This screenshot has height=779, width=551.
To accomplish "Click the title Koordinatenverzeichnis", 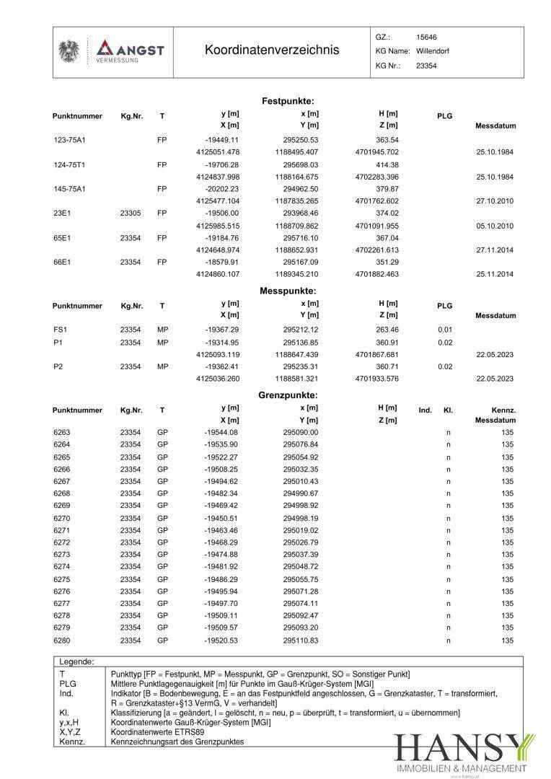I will pos(271,50).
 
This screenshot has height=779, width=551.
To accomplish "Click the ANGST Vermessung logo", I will pos(130,51).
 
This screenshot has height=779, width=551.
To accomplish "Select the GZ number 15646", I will pos(426,37).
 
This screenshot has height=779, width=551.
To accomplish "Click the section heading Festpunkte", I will pos(288,101).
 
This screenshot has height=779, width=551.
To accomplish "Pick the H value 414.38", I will pos(387,164).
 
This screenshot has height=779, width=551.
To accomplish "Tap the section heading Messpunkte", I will pos(288,291).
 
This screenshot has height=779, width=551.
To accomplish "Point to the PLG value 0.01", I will pos(445,330).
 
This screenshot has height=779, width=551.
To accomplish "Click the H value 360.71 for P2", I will pos(387,366).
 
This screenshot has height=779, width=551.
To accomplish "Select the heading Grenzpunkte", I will pos(288,395).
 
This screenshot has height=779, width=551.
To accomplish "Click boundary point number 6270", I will pos(62,518).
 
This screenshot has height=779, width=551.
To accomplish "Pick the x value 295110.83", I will pos(301,641).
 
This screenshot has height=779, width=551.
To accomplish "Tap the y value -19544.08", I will pos(221,432).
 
